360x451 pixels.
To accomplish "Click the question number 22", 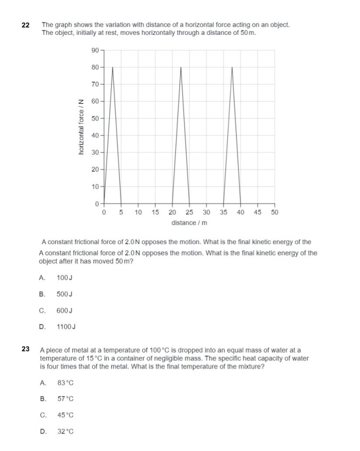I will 25,25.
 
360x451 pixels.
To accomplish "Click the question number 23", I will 26,349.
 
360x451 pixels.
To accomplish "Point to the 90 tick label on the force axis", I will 95,50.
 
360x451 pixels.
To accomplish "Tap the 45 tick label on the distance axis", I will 257,212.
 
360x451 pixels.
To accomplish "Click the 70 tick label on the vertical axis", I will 95,84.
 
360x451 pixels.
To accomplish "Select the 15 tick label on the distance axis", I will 155,212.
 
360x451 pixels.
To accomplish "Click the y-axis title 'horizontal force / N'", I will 81,127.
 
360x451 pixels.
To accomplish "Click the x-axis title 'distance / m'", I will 189,223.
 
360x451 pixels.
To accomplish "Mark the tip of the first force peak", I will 113,67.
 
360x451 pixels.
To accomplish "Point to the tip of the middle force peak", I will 181,67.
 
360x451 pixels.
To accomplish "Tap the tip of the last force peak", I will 232,67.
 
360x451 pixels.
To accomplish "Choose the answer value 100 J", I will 64,278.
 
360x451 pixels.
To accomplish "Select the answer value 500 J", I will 64,294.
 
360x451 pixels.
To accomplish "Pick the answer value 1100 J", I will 66,327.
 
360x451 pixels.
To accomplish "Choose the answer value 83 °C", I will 66,383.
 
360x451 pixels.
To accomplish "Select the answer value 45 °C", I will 66,415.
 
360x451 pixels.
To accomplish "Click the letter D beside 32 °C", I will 43,431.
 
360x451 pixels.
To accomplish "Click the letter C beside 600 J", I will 42,310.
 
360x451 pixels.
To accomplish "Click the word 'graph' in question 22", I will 63,25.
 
